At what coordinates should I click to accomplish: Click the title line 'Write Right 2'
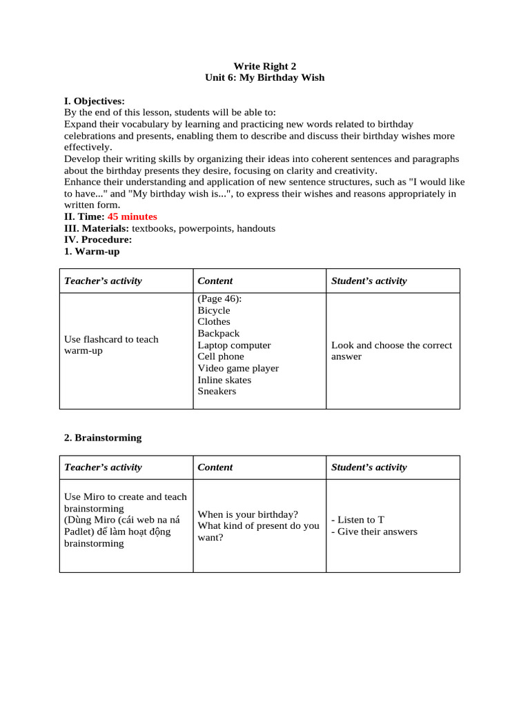264,66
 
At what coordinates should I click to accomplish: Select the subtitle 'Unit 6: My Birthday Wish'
264,78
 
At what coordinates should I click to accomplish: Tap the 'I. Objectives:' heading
95,101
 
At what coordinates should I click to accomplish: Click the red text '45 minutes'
132,216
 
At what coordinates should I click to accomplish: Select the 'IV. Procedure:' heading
97,240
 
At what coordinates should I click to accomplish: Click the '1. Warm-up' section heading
92,252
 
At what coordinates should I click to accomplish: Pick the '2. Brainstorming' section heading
103,438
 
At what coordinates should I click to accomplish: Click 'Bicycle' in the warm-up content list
214,310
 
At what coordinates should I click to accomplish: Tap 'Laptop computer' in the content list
234,345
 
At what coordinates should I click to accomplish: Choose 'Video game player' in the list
238,368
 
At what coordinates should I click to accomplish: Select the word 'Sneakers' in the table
217,392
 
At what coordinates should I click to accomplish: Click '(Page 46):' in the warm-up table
219,299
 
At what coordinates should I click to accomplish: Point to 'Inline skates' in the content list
224,380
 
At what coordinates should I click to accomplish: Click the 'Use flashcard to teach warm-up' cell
111,345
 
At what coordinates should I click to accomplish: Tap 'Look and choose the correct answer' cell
391,350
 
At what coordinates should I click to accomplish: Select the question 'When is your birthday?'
248,514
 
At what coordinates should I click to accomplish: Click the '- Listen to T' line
357,520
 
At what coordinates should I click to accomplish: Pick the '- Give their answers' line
374,532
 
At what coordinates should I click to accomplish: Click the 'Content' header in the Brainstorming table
215,467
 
